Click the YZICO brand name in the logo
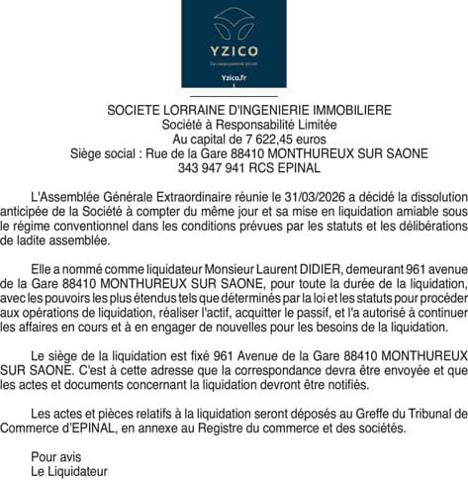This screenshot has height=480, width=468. tap(234, 51)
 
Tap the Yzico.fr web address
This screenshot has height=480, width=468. tap(234, 78)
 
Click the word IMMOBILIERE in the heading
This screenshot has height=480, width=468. tap(342, 111)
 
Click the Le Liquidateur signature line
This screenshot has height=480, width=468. tap(68, 471)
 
